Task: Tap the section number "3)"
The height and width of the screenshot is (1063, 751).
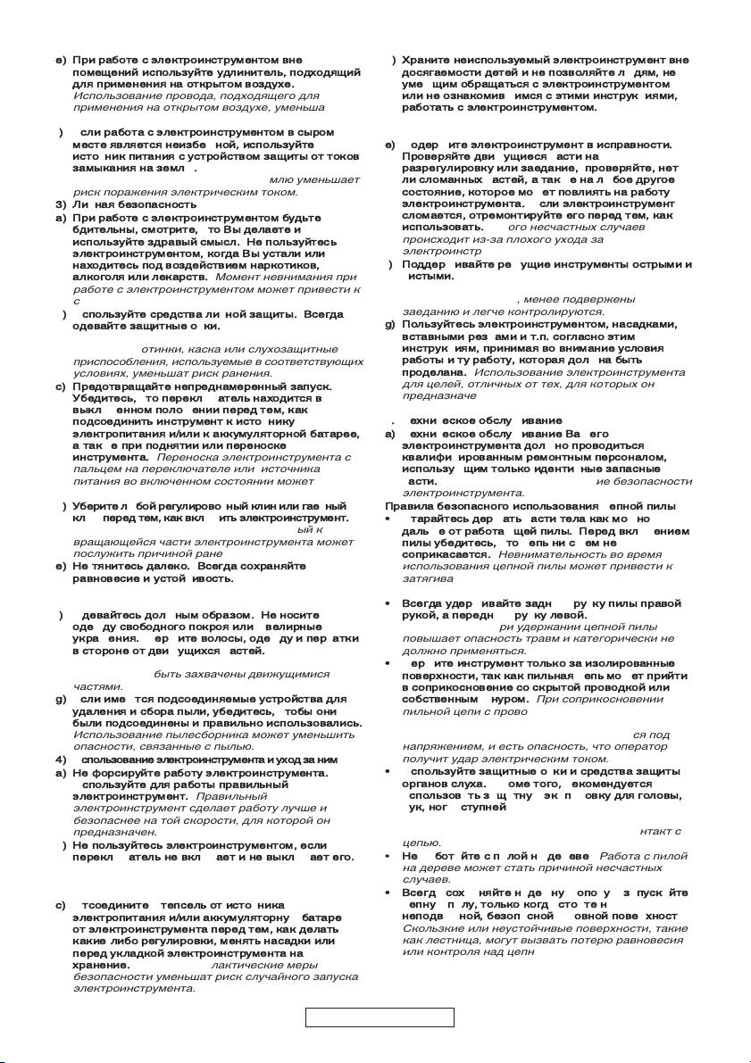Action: click(61, 204)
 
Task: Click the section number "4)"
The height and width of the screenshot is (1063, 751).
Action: click(61, 760)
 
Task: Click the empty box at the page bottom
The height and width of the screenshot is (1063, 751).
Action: click(380, 1017)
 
